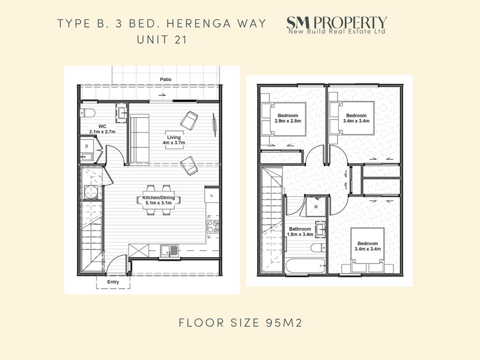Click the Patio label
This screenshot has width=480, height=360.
pyautogui.click(x=166, y=79)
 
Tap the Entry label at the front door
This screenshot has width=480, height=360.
pyautogui.click(x=113, y=282)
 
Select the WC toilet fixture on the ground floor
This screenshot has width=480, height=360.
pyautogui.click(x=87, y=113)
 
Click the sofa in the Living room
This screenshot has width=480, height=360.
pyautogui.click(x=140, y=140)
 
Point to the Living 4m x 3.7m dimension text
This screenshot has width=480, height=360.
pyautogui.click(x=174, y=140)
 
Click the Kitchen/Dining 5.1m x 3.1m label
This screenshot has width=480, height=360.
pyautogui.click(x=158, y=200)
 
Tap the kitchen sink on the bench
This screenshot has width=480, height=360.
pyautogui.click(x=169, y=251)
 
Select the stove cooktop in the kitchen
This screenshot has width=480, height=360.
pyautogui.click(x=213, y=227)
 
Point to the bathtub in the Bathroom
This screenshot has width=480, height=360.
pyautogui.click(x=305, y=266)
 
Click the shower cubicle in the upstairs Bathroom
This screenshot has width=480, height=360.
pyautogui.click(x=316, y=206)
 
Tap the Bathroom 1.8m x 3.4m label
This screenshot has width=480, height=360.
pyautogui.click(x=300, y=231)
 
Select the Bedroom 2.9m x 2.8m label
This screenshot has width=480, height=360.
pyautogui.click(x=288, y=118)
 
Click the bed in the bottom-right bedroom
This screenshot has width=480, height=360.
pyautogui.click(x=368, y=250)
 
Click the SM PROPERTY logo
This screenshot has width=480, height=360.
pyautogui.click(x=336, y=25)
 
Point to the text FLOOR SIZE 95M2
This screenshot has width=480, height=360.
pyautogui.click(x=240, y=323)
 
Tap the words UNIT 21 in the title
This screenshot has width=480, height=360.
pyautogui.click(x=162, y=40)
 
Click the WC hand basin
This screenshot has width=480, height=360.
pyautogui.click(x=122, y=113)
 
